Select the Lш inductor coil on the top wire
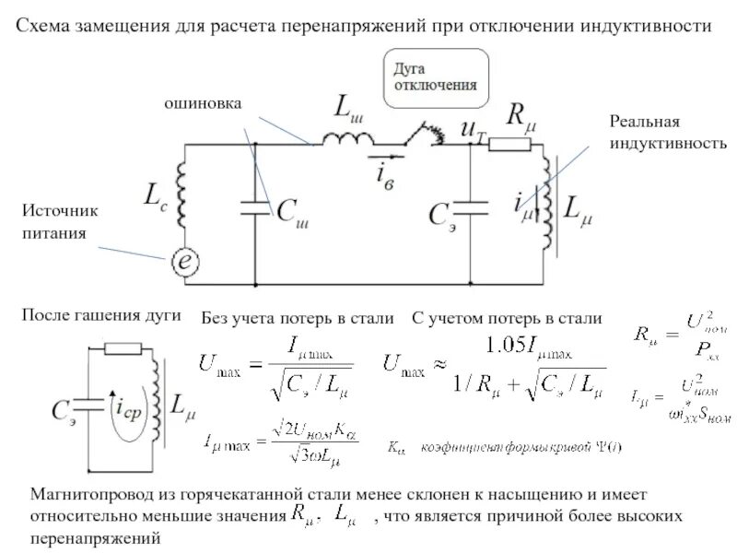click(x=346, y=138)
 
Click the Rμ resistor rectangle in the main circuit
click(x=509, y=145)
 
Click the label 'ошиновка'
click(x=204, y=105)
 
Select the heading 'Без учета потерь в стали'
click(x=298, y=319)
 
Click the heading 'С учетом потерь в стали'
click(x=506, y=319)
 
